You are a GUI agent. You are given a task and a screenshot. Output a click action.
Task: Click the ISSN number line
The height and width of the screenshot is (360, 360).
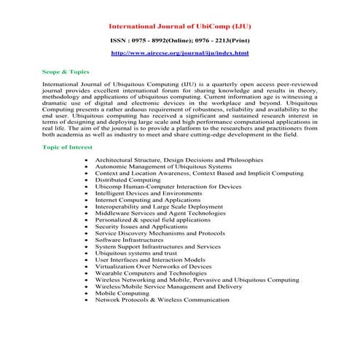179,41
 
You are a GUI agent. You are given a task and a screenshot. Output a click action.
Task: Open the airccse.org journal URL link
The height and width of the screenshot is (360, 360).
179,54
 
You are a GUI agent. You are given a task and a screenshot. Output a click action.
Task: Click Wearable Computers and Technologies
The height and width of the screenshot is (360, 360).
150,273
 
